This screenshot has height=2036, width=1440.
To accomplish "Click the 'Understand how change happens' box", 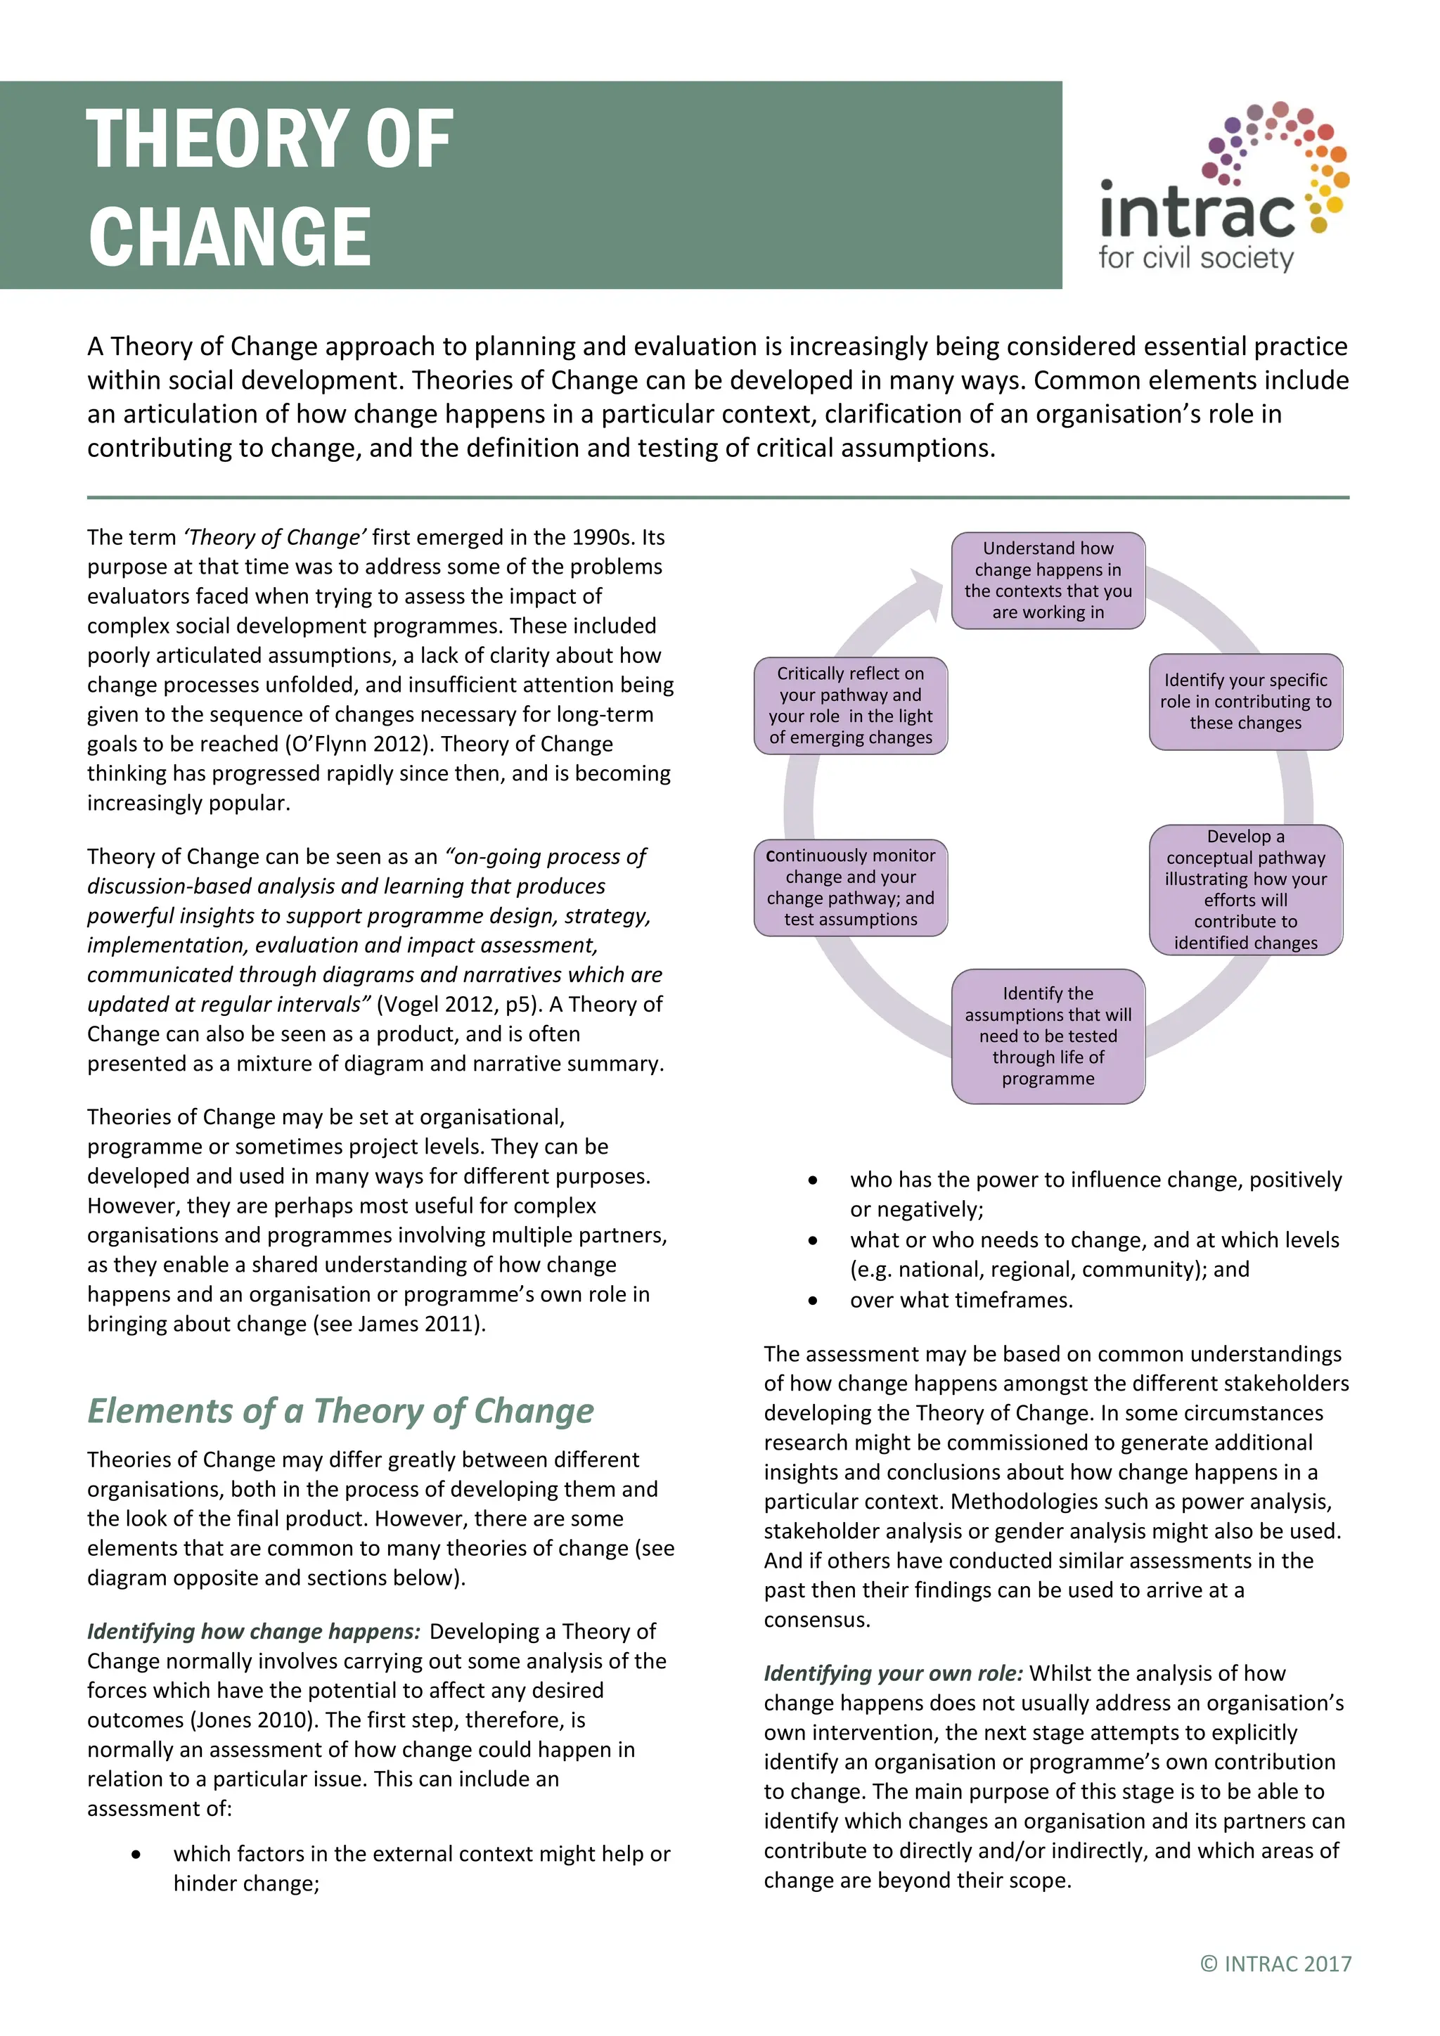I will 1048,581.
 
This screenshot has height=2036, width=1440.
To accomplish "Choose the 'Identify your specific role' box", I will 1245,702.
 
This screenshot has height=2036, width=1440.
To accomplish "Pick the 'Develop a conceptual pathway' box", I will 1245,889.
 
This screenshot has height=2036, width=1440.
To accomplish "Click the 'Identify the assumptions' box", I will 1048,1036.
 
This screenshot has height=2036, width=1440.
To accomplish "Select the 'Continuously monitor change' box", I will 850,888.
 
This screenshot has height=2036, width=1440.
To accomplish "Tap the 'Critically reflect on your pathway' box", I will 850,706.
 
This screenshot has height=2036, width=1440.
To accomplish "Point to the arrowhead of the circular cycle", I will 927,591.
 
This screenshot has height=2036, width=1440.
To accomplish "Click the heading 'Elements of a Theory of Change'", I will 340,1411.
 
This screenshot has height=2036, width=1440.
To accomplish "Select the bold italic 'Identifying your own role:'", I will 893,1673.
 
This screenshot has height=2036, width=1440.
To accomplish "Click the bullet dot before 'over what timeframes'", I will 813,1301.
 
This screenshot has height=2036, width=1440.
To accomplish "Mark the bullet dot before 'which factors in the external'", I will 136,1854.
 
